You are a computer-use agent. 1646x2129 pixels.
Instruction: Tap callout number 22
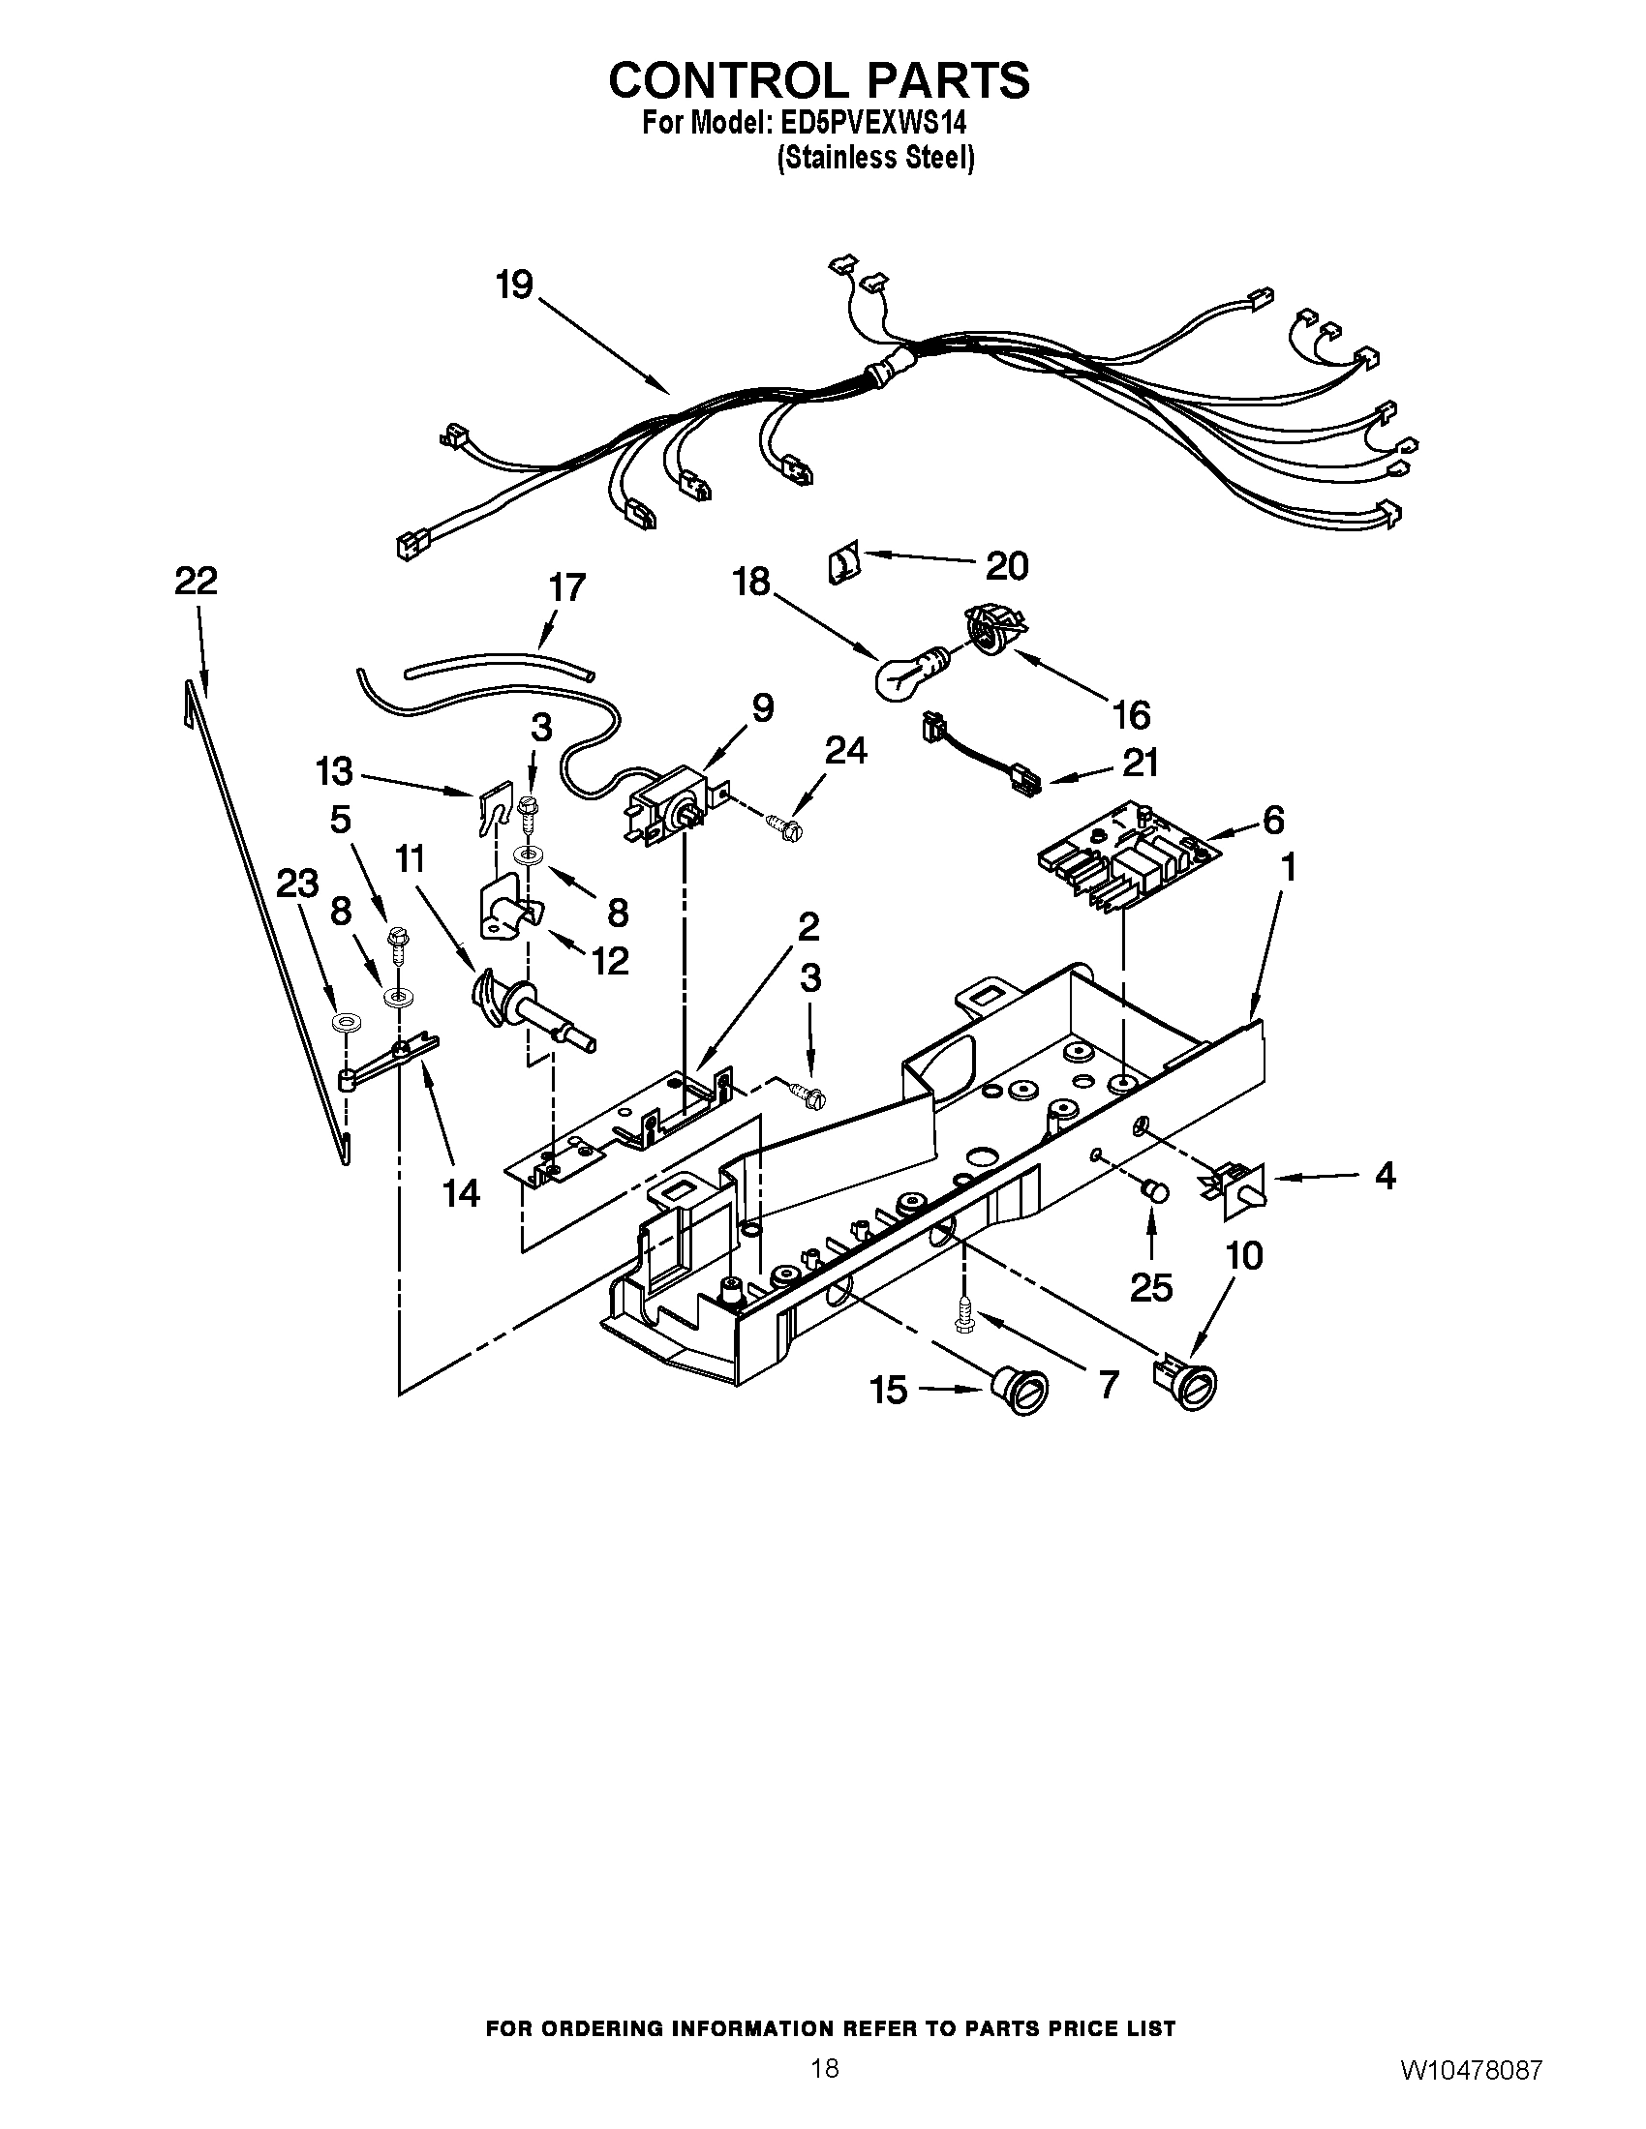point(195,582)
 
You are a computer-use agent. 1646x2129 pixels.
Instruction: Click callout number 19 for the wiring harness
point(514,285)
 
